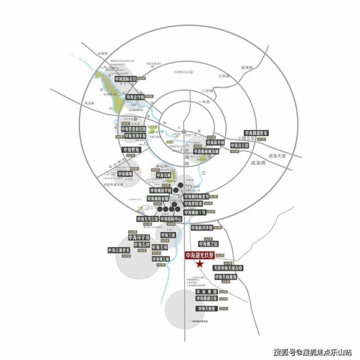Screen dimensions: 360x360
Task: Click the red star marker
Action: (199, 264)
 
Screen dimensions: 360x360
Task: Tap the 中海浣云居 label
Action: (239, 145)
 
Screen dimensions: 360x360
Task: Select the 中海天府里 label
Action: (207, 308)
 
